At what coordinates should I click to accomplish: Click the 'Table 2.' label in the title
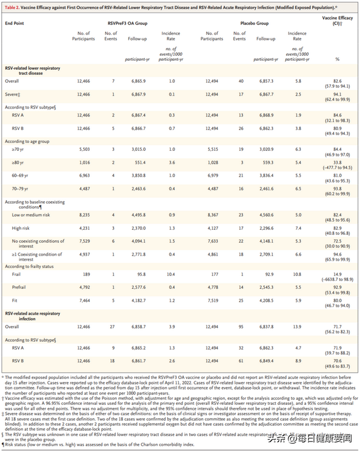(x=13, y=7)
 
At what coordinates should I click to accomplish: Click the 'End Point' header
(x=15, y=24)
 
